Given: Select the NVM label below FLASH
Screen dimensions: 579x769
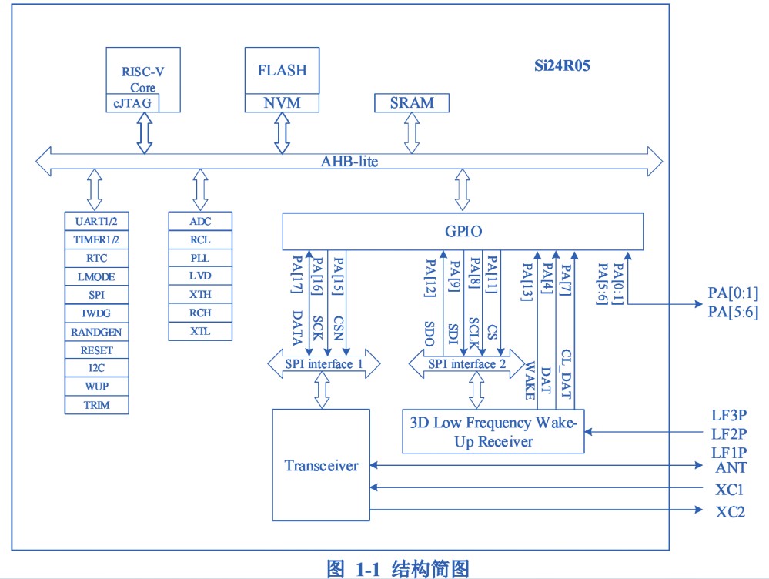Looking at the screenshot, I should tap(282, 103).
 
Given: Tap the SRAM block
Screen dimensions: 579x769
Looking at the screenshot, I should tap(411, 102).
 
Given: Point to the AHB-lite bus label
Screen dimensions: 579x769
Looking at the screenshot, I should tap(349, 162).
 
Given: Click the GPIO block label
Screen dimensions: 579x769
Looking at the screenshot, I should tap(463, 232).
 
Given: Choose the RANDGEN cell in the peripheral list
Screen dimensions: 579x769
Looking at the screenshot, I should tap(97, 332).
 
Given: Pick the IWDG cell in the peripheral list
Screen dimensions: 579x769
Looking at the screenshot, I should tap(97, 313).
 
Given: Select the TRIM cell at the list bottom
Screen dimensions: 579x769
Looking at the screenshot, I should tap(97, 405).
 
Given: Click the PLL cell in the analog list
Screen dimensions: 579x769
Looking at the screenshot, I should tap(200, 258).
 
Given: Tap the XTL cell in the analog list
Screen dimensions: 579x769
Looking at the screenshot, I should tap(200, 332).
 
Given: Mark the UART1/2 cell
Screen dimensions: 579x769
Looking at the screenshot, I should tap(97, 221).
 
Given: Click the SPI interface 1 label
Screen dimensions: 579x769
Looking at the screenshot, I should tap(323, 363).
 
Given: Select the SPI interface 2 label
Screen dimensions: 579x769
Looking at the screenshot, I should tap(466, 363).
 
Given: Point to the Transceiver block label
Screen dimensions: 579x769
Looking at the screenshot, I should tap(321, 465).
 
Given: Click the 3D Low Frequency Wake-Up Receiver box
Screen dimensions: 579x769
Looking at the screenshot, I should tap(493, 432).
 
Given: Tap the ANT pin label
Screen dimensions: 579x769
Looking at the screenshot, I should tap(730, 466).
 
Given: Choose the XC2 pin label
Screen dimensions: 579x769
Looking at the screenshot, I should tap(730, 511).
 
